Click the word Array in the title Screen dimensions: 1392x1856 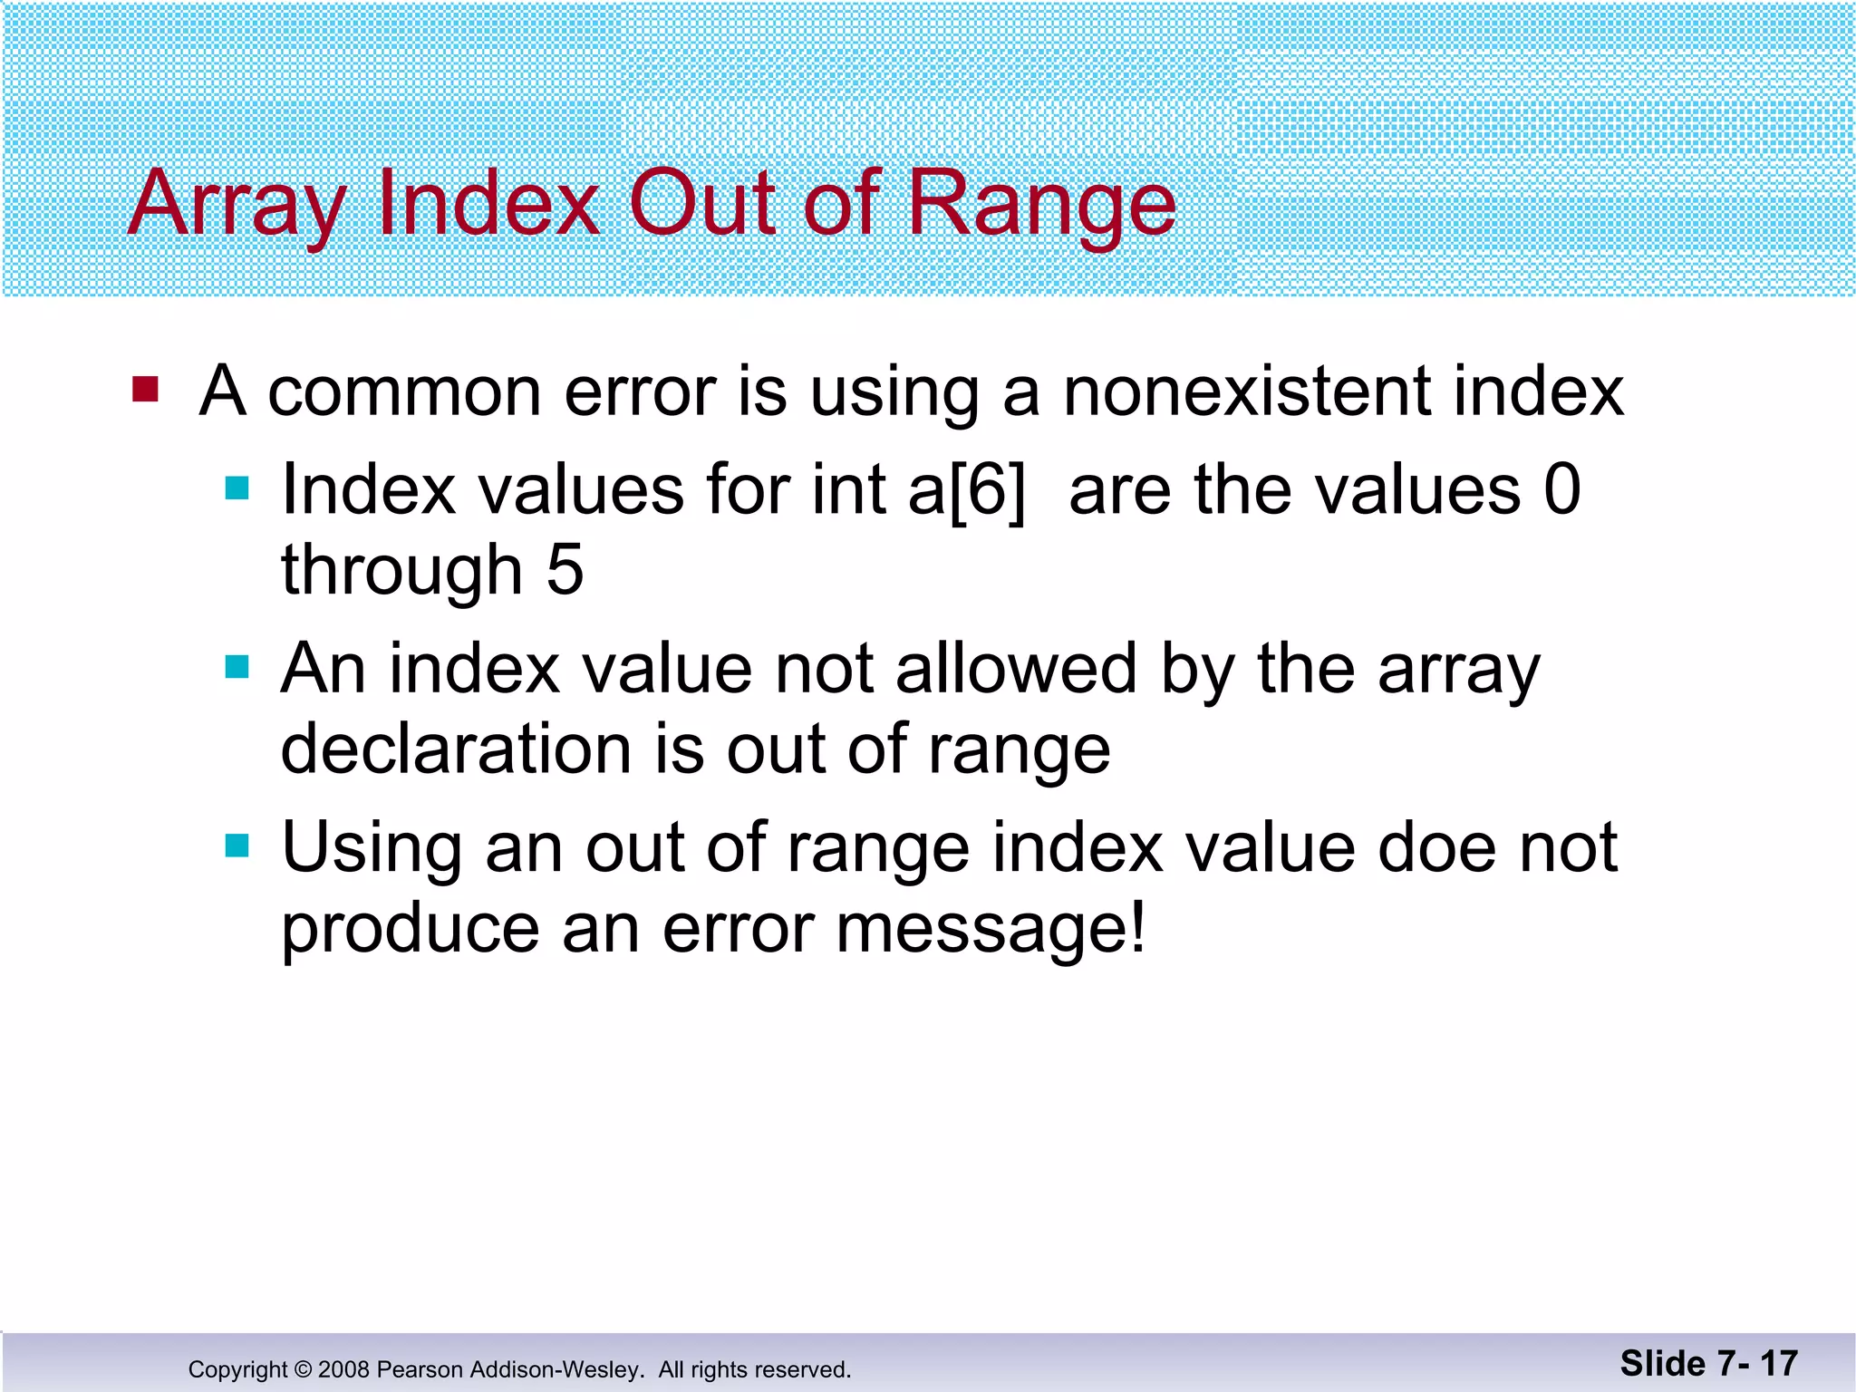tap(237, 205)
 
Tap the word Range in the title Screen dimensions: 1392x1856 tap(1041, 205)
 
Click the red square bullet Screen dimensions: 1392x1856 tap(145, 390)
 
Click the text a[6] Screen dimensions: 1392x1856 tap(967, 490)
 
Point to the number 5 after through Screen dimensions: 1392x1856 tap(565, 570)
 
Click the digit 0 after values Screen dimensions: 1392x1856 tap(1561, 490)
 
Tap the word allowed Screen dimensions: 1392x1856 tap(1015, 669)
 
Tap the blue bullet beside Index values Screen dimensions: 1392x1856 tap(237, 489)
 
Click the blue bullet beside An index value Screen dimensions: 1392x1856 tap(237, 668)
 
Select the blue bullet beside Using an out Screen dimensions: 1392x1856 tap(237, 846)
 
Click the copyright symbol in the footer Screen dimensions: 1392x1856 tap(303, 1369)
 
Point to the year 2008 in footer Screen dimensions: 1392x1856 tap(343, 1369)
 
